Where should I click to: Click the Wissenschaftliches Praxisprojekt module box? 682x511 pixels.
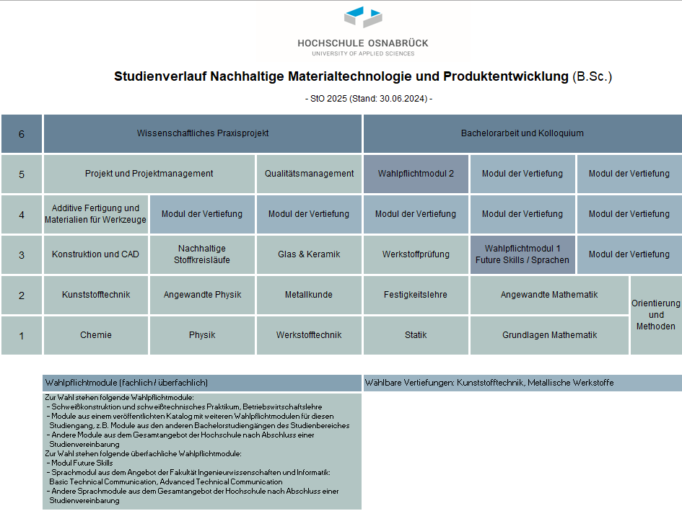coord(203,133)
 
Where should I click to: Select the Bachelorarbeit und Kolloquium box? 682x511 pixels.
coord(522,133)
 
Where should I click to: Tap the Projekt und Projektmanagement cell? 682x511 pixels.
coord(149,174)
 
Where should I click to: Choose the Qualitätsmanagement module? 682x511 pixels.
coord(309,174)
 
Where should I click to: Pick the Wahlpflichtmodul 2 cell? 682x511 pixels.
coord(416,174)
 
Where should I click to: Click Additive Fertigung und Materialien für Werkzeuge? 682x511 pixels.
coord(96,214)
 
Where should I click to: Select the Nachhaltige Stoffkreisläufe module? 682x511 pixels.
coord(202,254)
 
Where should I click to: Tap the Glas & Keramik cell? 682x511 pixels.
coord(309,254)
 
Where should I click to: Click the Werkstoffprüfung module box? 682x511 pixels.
coord(416,254)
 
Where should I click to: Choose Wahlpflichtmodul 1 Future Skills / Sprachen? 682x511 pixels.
coord(523,254)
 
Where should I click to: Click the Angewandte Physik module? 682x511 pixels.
coord(202,295)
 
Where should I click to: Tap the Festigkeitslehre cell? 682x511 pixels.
coord(416,295)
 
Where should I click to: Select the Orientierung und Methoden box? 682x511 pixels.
coord(655,315)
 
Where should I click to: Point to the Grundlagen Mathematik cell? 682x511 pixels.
coord(549,335)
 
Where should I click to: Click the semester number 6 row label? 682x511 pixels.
coord(22,134)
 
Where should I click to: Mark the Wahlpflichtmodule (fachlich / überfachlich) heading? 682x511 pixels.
coord(127,383)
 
